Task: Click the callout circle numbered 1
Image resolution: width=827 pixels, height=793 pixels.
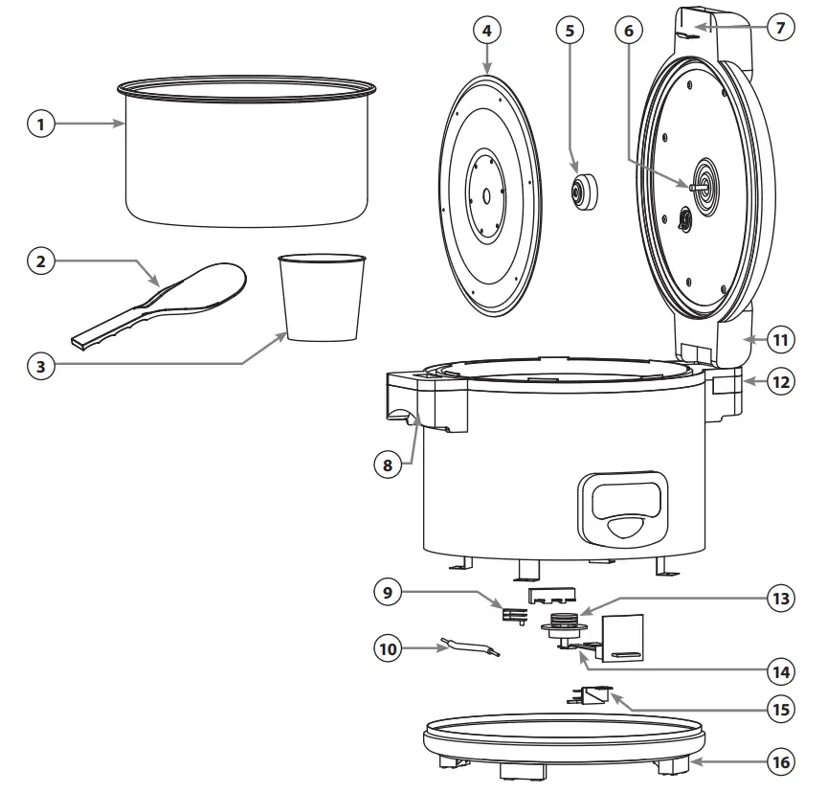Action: tap(41, 124)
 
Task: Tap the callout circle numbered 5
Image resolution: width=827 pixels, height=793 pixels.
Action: tap(570, 30)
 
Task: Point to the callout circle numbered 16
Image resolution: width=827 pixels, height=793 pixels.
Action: tap(780, 763)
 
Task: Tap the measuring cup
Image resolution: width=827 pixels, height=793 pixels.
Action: tap(323, 298)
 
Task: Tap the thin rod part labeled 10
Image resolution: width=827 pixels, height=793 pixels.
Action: tap(466, 648)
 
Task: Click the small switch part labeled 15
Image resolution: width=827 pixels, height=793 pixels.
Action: tap(592, 697)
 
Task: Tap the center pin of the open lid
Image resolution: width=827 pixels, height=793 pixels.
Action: tap(693, 183)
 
